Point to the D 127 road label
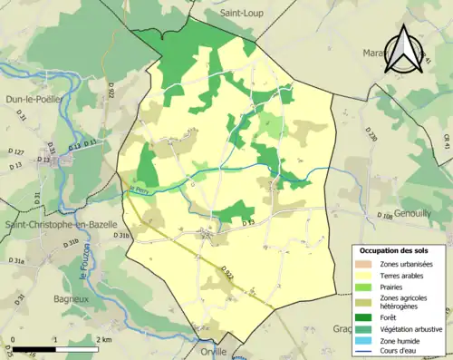16,151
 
